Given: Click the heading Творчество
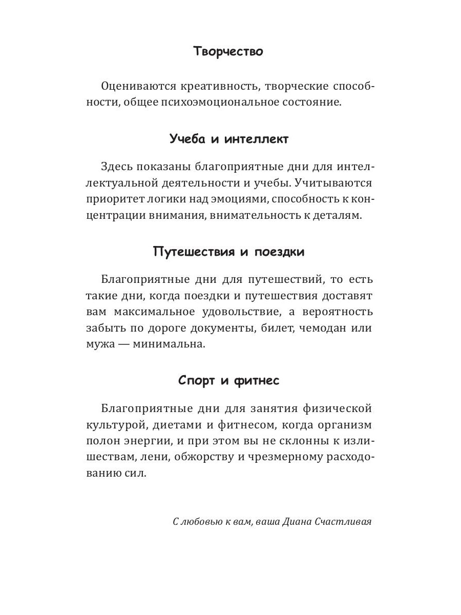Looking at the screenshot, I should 228,52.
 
